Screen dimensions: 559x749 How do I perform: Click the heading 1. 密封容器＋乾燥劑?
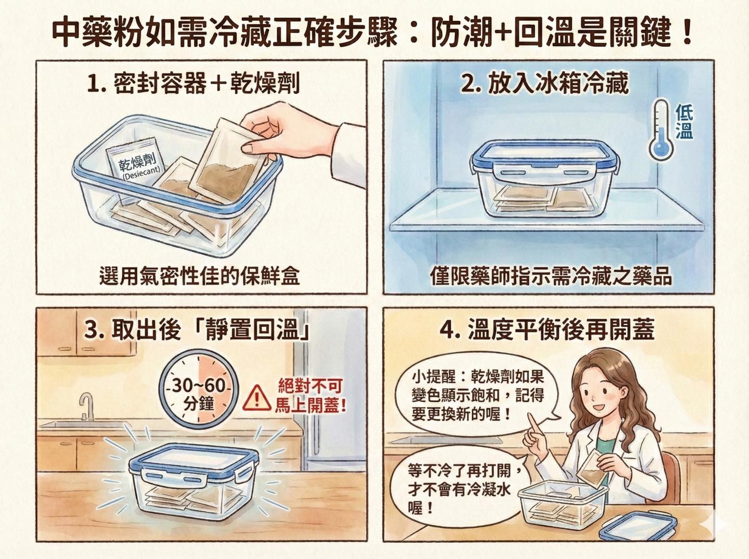point(193,83)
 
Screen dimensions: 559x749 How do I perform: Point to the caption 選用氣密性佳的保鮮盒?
point(200,276)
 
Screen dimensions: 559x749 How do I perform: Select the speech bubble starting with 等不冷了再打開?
point(462,489)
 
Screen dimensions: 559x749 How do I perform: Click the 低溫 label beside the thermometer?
point(684,122)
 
